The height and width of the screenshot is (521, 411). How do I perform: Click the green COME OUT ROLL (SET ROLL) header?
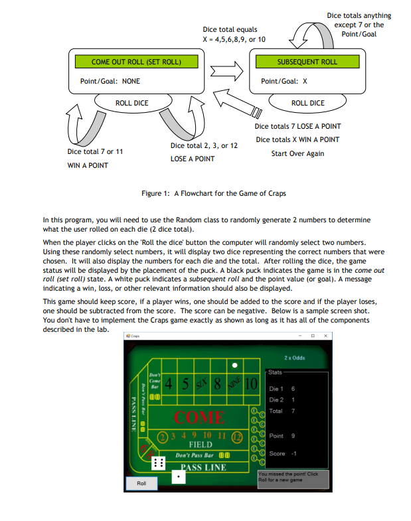tap(137, 62)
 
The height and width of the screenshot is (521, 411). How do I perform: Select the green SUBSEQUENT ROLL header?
tap(307, 62)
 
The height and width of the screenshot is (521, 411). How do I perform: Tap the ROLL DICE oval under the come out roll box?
tap(131, 103)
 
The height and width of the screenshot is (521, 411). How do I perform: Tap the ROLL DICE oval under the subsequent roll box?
tap(308, 103)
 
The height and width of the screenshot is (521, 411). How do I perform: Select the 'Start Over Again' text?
tap(297, 153)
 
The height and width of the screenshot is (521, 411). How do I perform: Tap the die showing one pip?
tap(179, 477)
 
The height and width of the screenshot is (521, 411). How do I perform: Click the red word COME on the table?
tap(199, 417)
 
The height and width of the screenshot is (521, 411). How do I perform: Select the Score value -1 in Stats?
tap(294, 453)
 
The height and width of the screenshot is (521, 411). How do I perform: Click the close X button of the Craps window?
tap(325, 337)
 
